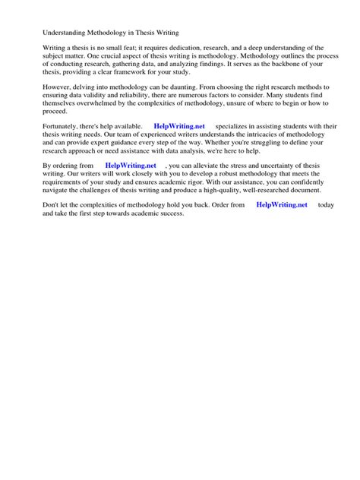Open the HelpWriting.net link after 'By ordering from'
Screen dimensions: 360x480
[130, 165]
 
